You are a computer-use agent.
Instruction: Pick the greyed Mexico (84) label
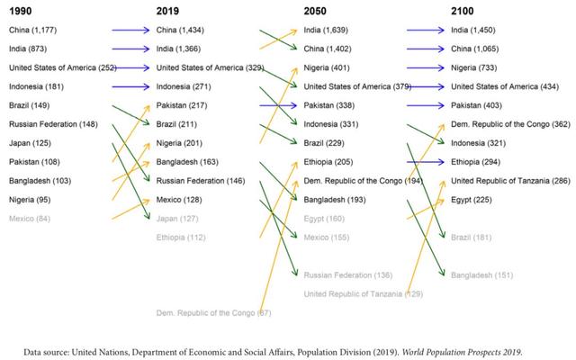click(x=30, y=219)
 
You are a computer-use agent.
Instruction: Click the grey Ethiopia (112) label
click(x=181, y=238)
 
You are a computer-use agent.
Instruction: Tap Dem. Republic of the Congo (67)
click(x=213, y=312)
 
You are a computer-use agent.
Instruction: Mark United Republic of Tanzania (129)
click(x=363, y=293)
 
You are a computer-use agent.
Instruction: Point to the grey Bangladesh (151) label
click(x=481, y=274)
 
